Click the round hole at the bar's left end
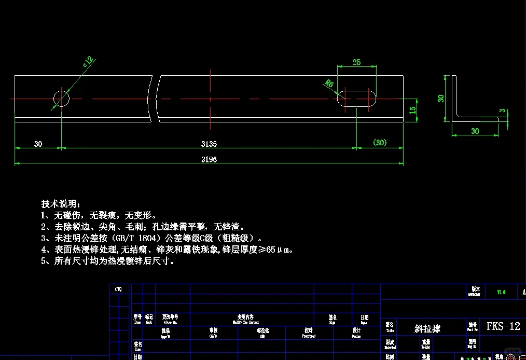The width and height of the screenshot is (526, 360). pyautogui.click(x=61, y=98)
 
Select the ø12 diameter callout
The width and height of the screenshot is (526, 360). pyautogui.click(x=88, y=62)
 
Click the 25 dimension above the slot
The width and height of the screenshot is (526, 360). pyautogui.click(x=356, y=62)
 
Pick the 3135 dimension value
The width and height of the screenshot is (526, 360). pyautogui.click(x=209, y=144)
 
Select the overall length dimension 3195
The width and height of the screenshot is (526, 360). pyautogui.click(x=209, y=159)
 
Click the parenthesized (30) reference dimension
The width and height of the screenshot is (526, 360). pyautogui.click(x=380, y=143)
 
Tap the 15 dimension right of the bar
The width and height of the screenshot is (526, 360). pyautogui.click(x=412, y=110)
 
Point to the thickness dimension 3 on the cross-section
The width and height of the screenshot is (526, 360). pyautogui.click(x=502, y=110)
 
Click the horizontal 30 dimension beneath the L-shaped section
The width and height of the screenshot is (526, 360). pyautogui.click(x=475, y=131)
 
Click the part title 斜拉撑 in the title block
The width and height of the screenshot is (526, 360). pyautogui.click(x=427, y=328)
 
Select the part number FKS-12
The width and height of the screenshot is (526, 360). pyautogui.click(x=503, y=326)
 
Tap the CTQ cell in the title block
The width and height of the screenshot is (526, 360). pyautogui.click(x=119, y=289)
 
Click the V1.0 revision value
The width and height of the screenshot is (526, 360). pyautogui.click(x=501, y=292)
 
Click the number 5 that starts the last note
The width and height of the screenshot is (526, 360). pyautogui.click(x=44, y=261)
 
